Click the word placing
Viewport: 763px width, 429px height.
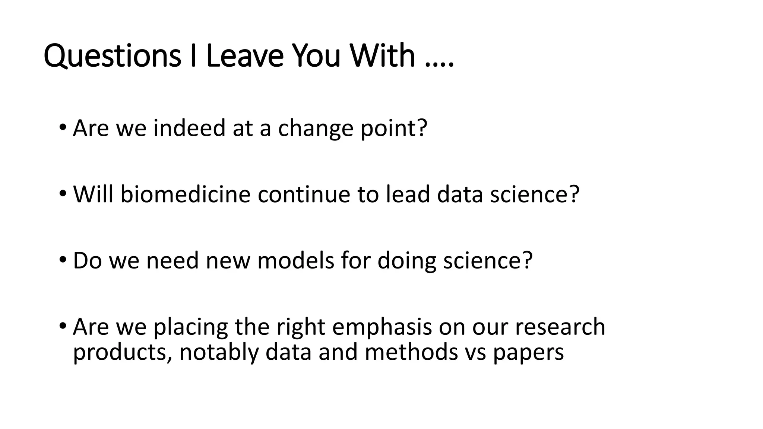coord(191,327)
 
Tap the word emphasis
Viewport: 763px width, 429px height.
coord(382,327)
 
